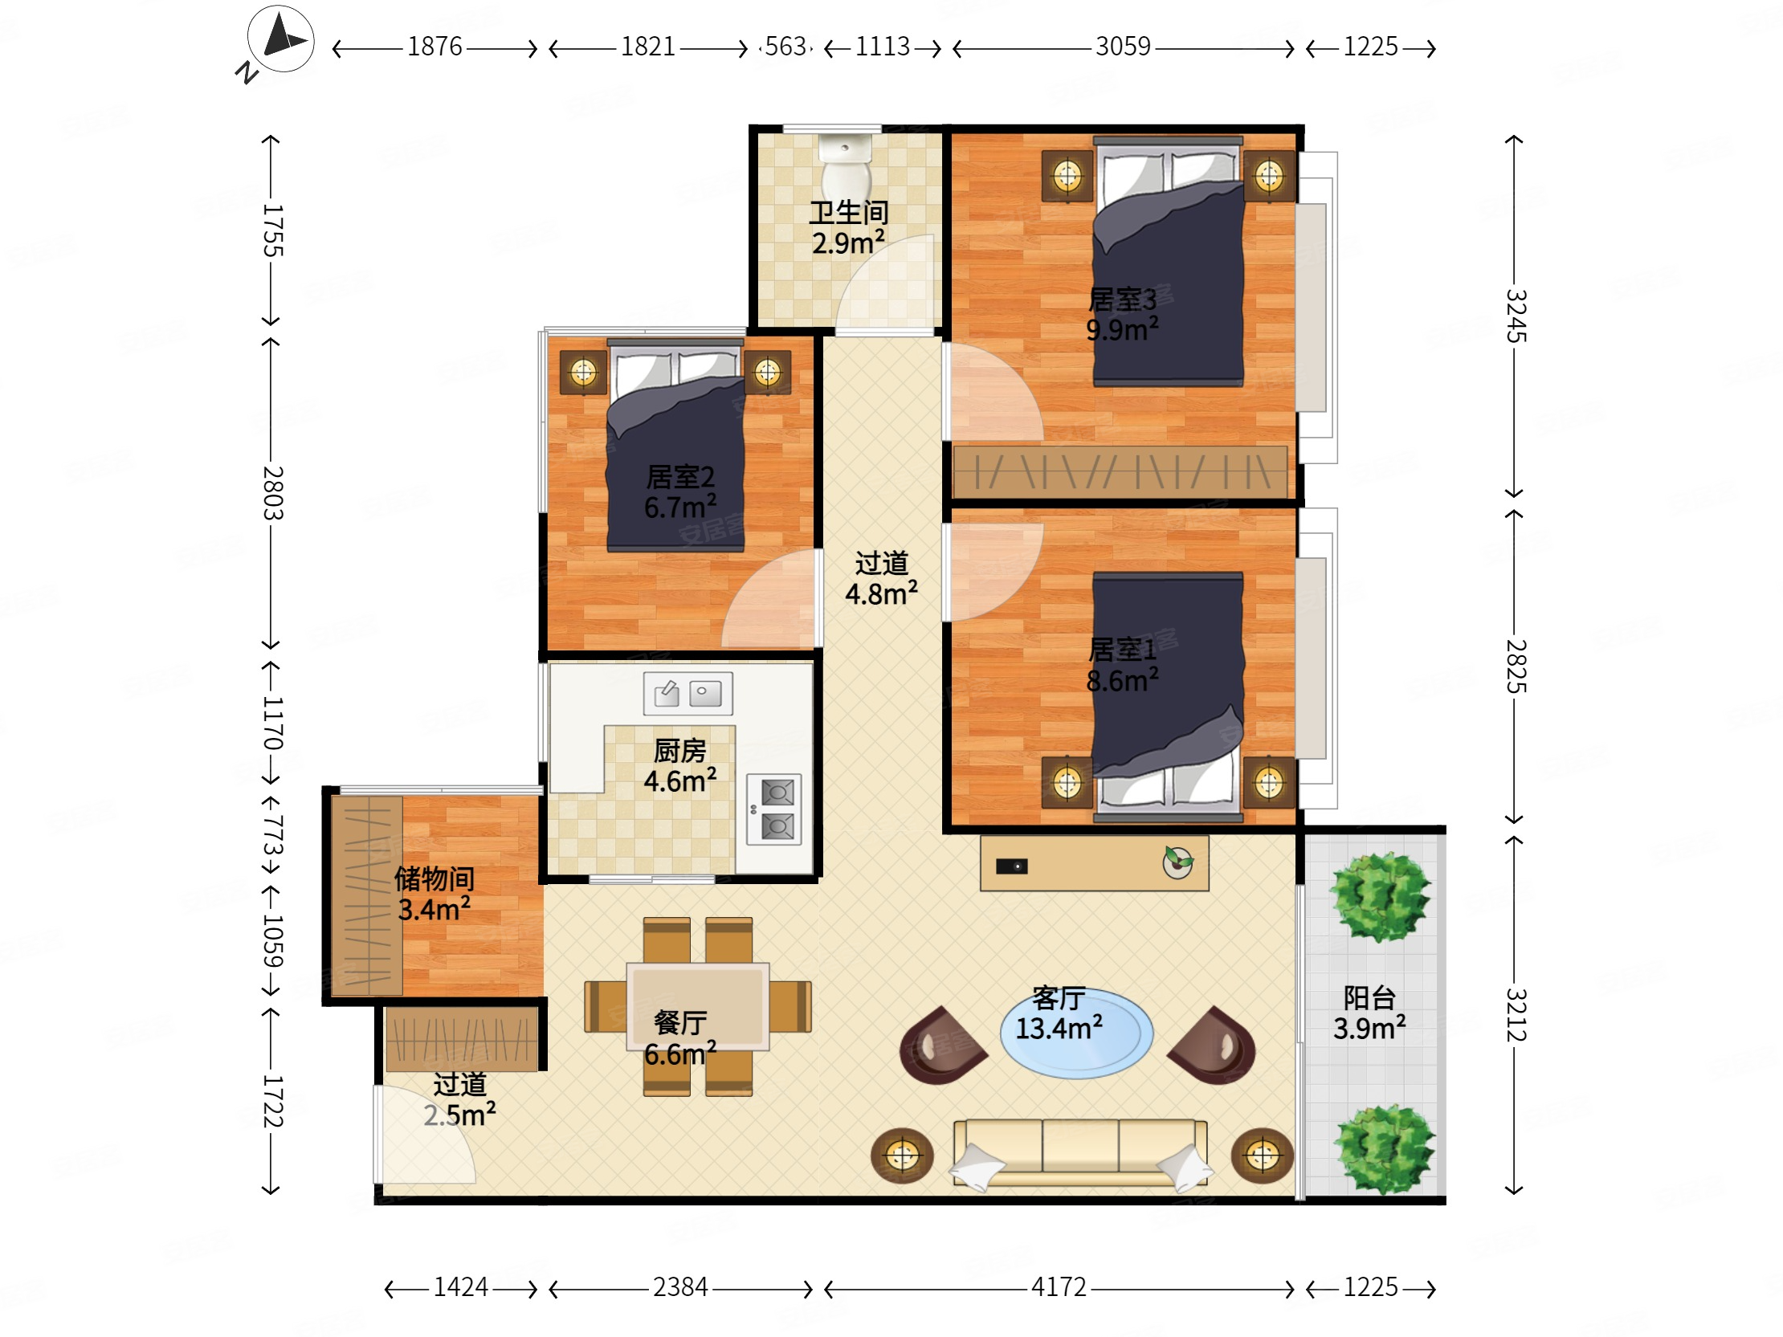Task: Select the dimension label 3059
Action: point(1123,47)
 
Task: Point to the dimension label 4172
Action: point(1059,1287)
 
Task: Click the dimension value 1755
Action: point(273,230)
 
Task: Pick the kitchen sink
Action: point(687,693)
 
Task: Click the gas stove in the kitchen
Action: point(773,809)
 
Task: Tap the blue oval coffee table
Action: point(1076,1034)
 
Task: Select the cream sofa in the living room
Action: point(1080,1152)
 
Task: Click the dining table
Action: point(698,1007)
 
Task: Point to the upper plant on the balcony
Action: point(1380,897)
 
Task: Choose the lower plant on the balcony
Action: point(1384,1149)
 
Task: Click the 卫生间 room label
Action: point(849,213)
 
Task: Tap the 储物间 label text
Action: point(434,878)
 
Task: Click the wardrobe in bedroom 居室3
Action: point(1120,471)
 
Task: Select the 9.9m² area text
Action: point(1122,328)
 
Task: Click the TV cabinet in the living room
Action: point(1094,863)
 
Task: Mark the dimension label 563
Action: point(785,47)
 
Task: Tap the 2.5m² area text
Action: point(459,1115)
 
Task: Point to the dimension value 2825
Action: point(1516,666)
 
